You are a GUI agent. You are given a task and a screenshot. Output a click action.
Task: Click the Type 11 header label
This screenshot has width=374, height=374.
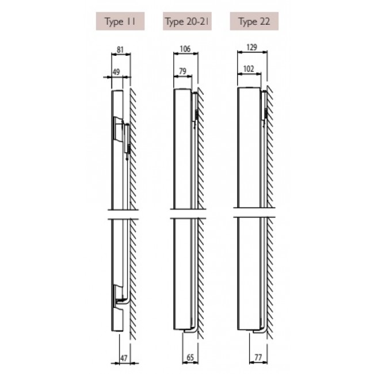(x=120, y=21)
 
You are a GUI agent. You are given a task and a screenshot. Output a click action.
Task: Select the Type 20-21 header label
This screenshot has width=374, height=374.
(x=187, y=21)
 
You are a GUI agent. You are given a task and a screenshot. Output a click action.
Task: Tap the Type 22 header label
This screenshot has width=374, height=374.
(x=254, y=21)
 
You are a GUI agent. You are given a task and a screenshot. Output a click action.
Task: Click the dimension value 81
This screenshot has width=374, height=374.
(x=120, y=49)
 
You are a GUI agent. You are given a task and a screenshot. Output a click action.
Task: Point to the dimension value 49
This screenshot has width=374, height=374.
(x=116, y=72)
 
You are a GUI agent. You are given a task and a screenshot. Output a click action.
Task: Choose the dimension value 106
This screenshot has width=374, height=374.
(x=185, y=49)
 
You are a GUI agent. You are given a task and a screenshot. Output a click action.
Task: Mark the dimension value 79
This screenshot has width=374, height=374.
(x=182, y=71)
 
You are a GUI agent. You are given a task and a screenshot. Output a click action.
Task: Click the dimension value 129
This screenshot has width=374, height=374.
(x=251, y=47)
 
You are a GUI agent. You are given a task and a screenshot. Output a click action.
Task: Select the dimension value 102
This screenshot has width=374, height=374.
(x=249, y=69)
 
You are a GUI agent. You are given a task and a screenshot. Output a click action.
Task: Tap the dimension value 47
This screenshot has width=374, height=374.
(x=124, y=358)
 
